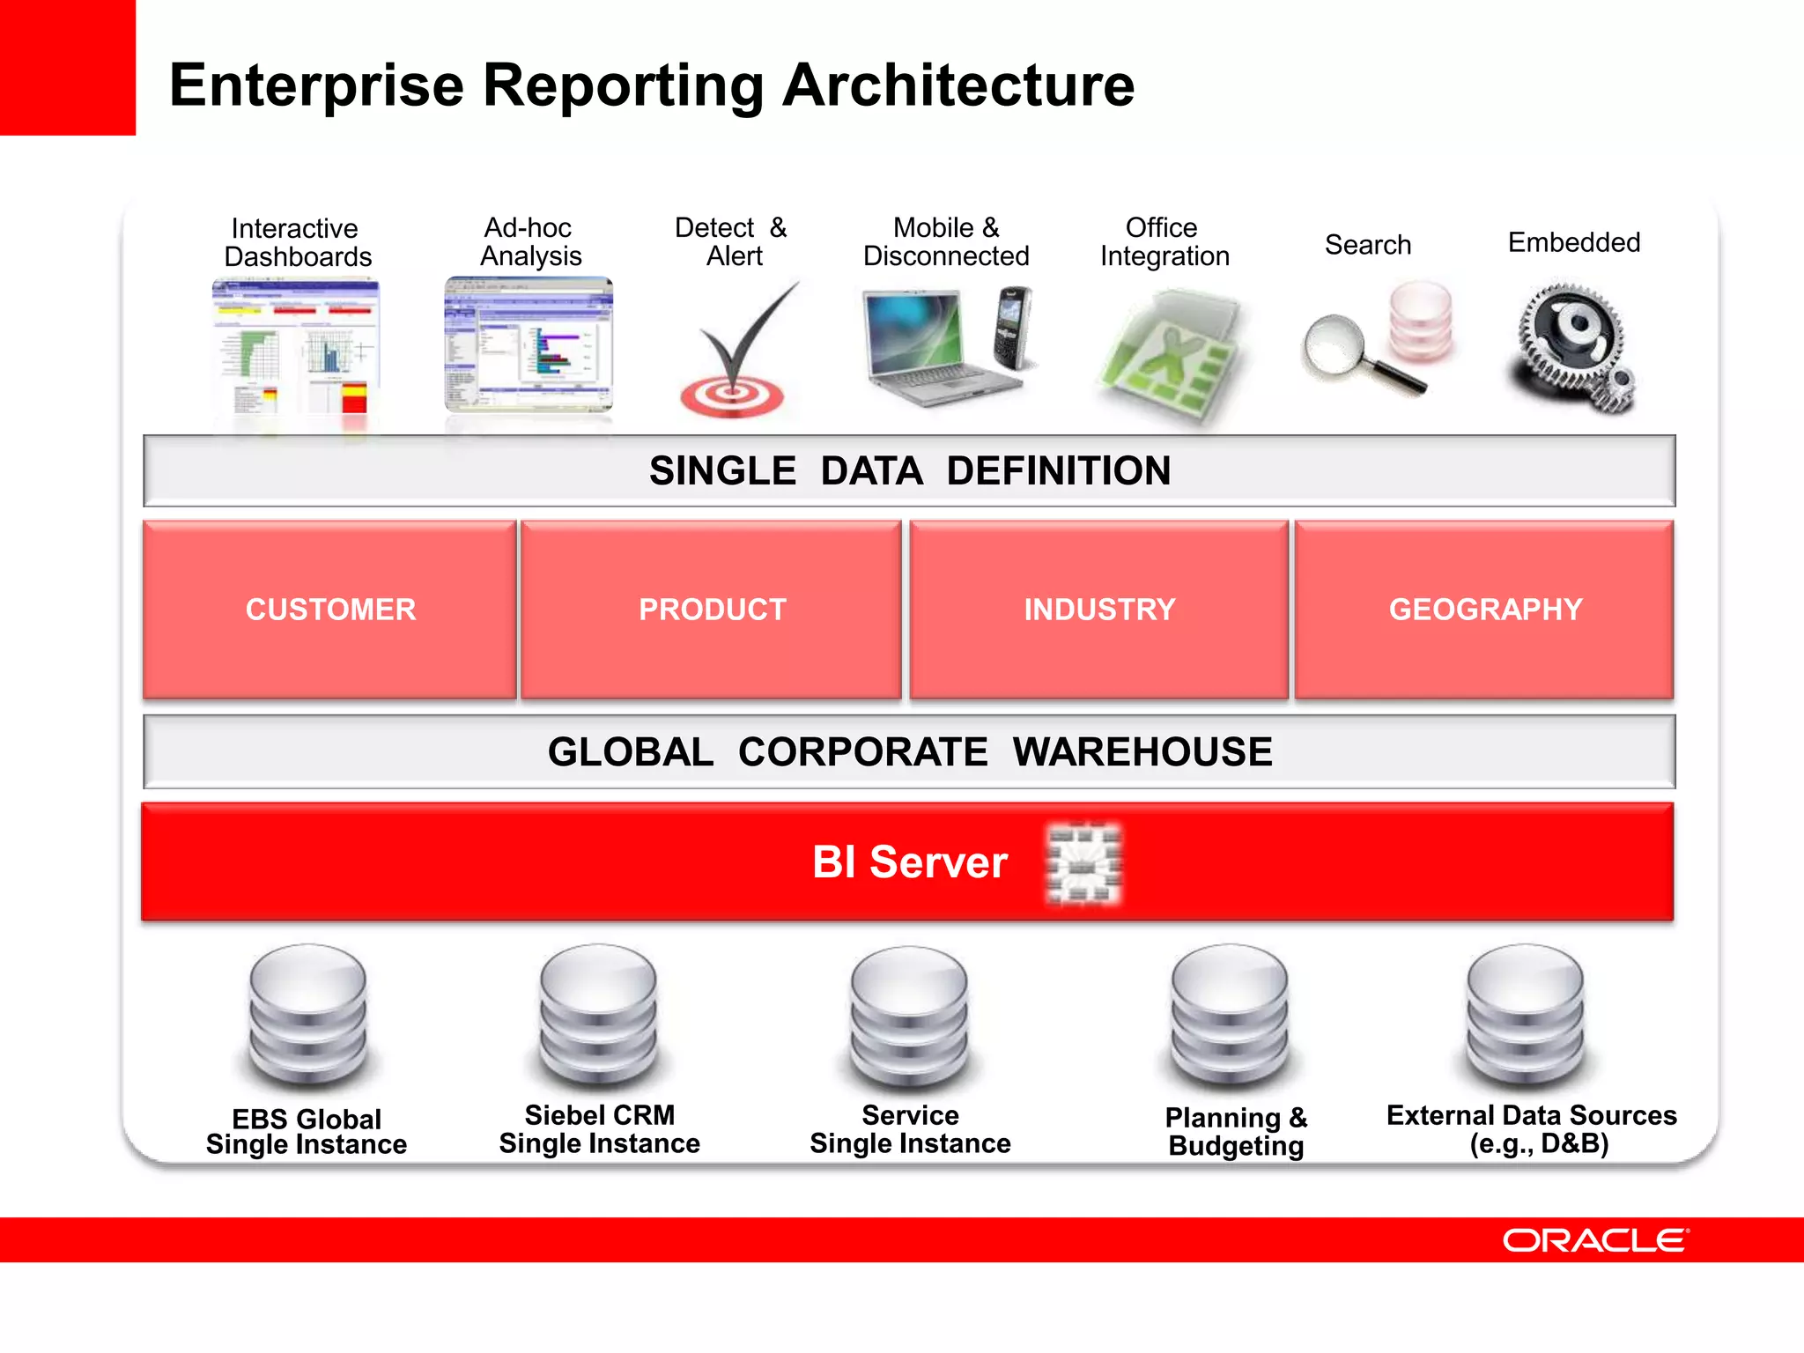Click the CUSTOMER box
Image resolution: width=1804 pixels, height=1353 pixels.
point(329,610)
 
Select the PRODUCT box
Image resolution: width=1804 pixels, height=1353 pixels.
point(712,610)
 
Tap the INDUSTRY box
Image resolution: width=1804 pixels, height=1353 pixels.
point(1098,610)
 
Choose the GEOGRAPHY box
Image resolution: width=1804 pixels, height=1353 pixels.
point(1484,610)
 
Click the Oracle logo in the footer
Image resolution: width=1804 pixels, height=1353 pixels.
point(1595,1240)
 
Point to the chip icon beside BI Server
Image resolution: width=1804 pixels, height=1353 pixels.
point(1083,863)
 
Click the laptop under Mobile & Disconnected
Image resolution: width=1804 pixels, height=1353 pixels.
point(925,348)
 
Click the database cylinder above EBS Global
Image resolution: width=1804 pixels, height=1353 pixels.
point(307,1017)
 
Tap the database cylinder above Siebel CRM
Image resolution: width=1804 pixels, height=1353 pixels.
point(599,1017)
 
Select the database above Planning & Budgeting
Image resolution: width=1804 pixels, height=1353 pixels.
point(1230,1017)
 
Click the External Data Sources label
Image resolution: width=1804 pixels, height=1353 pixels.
point(1532,1128)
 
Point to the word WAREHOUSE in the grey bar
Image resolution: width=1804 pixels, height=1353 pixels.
point(1142,752)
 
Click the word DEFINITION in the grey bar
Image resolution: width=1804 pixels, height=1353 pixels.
point(1058,470)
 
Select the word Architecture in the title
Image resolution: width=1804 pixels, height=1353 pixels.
point(958,85)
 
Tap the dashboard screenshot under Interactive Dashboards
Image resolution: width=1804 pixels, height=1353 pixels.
point(297,348)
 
